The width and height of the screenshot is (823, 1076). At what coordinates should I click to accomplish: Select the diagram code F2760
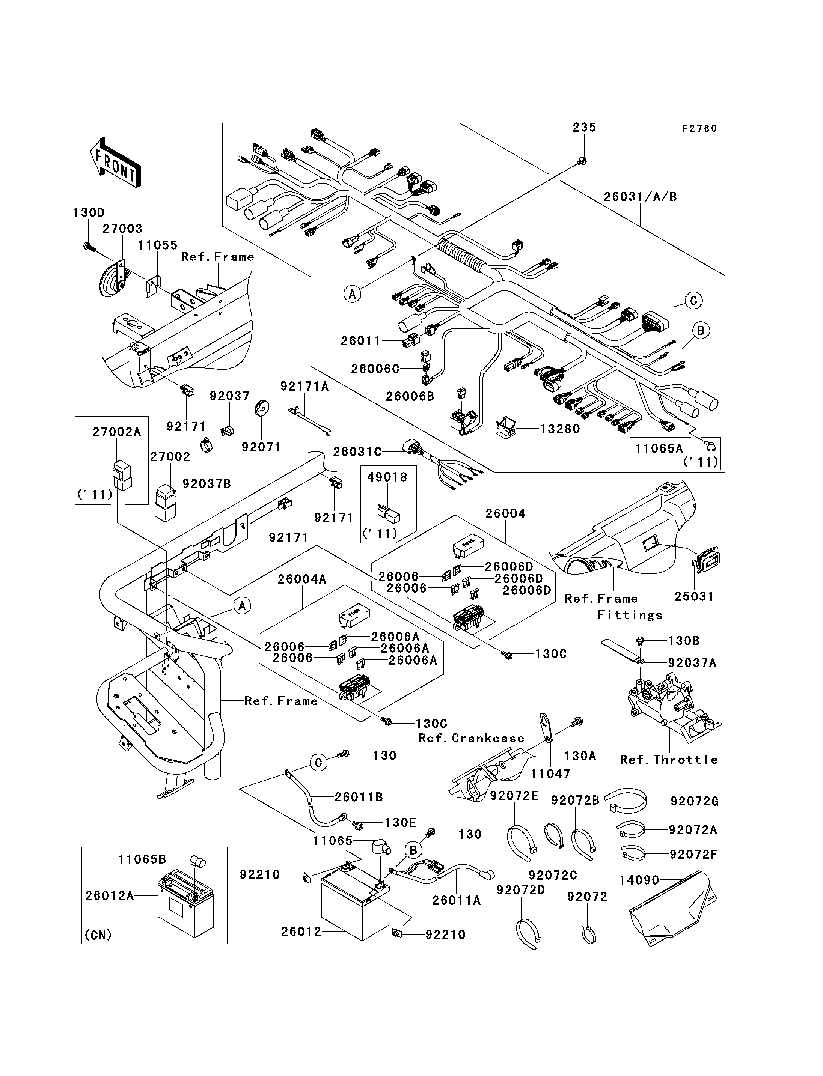click(x=699, y=129)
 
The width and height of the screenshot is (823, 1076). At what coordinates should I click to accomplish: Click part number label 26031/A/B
click(x=640, y=197)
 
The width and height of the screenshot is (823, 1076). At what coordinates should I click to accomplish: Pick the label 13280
click(x=560, y=429)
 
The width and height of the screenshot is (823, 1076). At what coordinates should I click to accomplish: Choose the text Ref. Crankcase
click(x=471, y=738)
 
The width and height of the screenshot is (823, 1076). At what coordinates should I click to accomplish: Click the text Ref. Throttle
click(x=669, y=760)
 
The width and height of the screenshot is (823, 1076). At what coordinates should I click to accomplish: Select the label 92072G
click(x=694, y=801)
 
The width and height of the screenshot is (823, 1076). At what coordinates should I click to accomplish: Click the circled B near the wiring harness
click(x=701, y=331)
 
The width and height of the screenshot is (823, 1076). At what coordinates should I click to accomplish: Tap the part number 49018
click(x=387, y=477)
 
